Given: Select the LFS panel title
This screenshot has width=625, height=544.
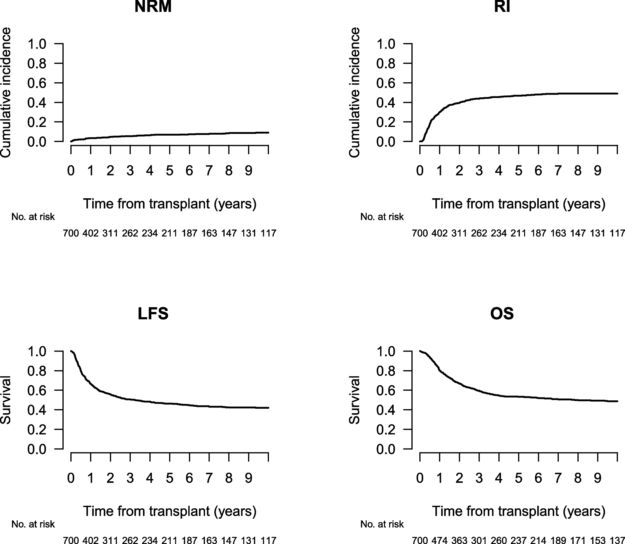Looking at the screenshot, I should [x=153, y=314].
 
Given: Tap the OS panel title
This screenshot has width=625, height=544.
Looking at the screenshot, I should [x=502, y=314].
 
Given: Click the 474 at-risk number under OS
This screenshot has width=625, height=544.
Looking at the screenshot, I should [x=440, y=540].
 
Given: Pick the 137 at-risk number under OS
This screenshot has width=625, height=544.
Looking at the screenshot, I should [x=617, y=540].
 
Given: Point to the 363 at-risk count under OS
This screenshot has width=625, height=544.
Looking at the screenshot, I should [x=459, y=540].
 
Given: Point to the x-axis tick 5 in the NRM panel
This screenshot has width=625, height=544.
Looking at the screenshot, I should [x=169, y=171].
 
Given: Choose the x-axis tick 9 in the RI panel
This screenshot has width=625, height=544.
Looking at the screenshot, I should [x=597, y=171].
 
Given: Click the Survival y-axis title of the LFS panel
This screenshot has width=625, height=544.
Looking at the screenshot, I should [x=6, y=400].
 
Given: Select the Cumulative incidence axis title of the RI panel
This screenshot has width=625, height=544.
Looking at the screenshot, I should [x=354, y=93].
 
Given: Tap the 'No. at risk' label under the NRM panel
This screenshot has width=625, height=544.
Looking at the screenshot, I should [x=33, y=217].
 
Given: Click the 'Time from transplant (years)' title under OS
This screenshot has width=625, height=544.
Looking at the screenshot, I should [x=518, y=511].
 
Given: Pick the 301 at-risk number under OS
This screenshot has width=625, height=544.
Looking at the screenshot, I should [x=479, y=540].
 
